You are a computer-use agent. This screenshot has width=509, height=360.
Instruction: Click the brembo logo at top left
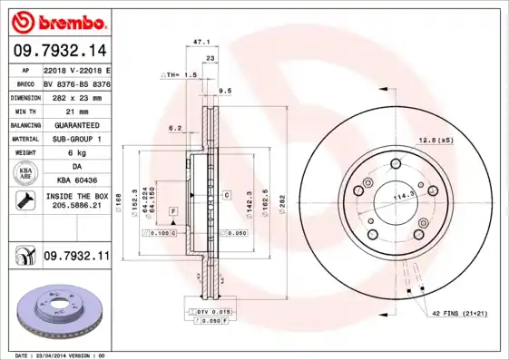point(56,21)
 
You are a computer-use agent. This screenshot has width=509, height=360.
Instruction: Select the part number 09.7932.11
point(76,258)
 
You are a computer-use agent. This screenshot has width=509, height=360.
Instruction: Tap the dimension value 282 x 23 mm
point(76,96)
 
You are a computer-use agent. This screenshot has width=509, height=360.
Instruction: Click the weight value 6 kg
point(76,153)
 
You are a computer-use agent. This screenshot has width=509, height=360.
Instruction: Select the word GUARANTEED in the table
point(76,124)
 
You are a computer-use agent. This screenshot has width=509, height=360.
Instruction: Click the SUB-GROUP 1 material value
point(76,139)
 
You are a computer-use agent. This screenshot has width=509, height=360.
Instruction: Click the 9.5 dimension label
point(226,91)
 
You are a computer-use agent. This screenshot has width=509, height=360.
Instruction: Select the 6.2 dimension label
point(174,128)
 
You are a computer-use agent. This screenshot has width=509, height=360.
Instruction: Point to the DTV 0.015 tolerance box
point(213,312)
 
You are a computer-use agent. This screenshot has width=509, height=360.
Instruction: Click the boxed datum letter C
point(225,194)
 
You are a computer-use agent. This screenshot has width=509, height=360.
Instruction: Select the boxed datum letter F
point(171,211)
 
